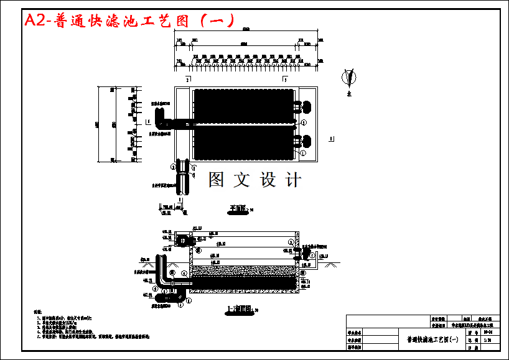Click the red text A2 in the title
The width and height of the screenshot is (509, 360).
(35, 21)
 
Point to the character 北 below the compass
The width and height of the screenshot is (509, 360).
(350, 95)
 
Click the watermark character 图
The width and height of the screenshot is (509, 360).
(216, 180)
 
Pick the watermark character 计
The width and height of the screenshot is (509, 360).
(293, 180)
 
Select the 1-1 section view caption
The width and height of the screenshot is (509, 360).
(238, 308)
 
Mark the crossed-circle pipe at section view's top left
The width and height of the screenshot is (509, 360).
(183, 240)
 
